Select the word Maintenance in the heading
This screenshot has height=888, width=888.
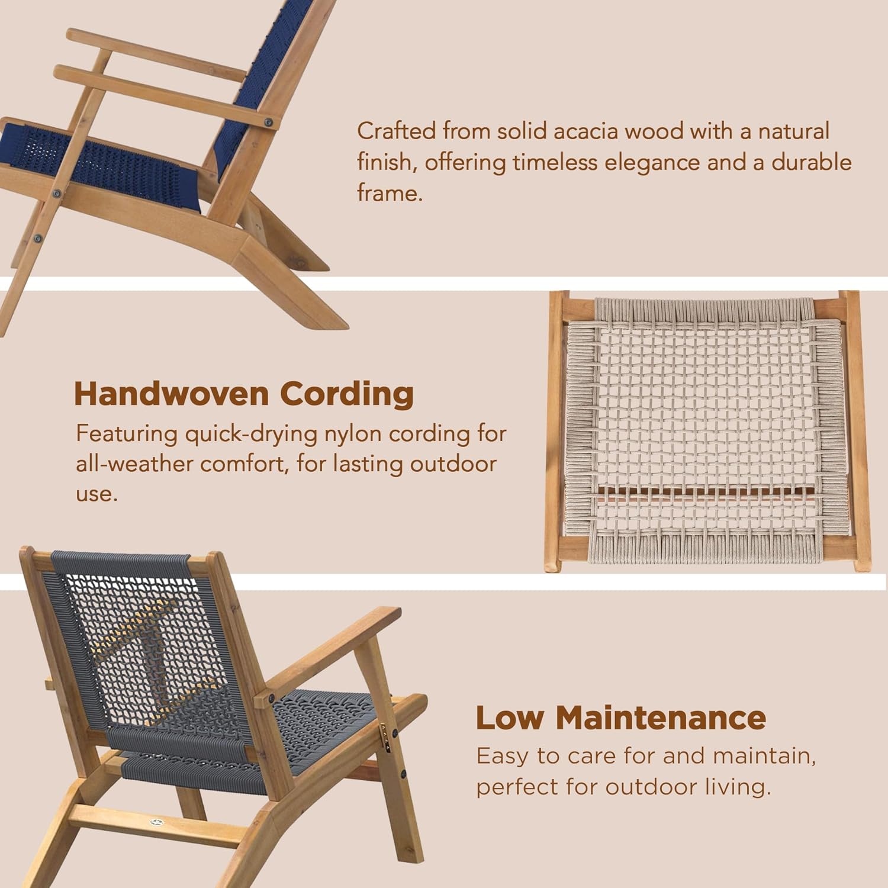tap(661, 718)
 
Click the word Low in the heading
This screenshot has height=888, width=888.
tap(509, 718)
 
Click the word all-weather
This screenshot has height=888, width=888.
tap(134, 464)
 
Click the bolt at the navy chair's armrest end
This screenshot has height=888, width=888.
tap(269, 123)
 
